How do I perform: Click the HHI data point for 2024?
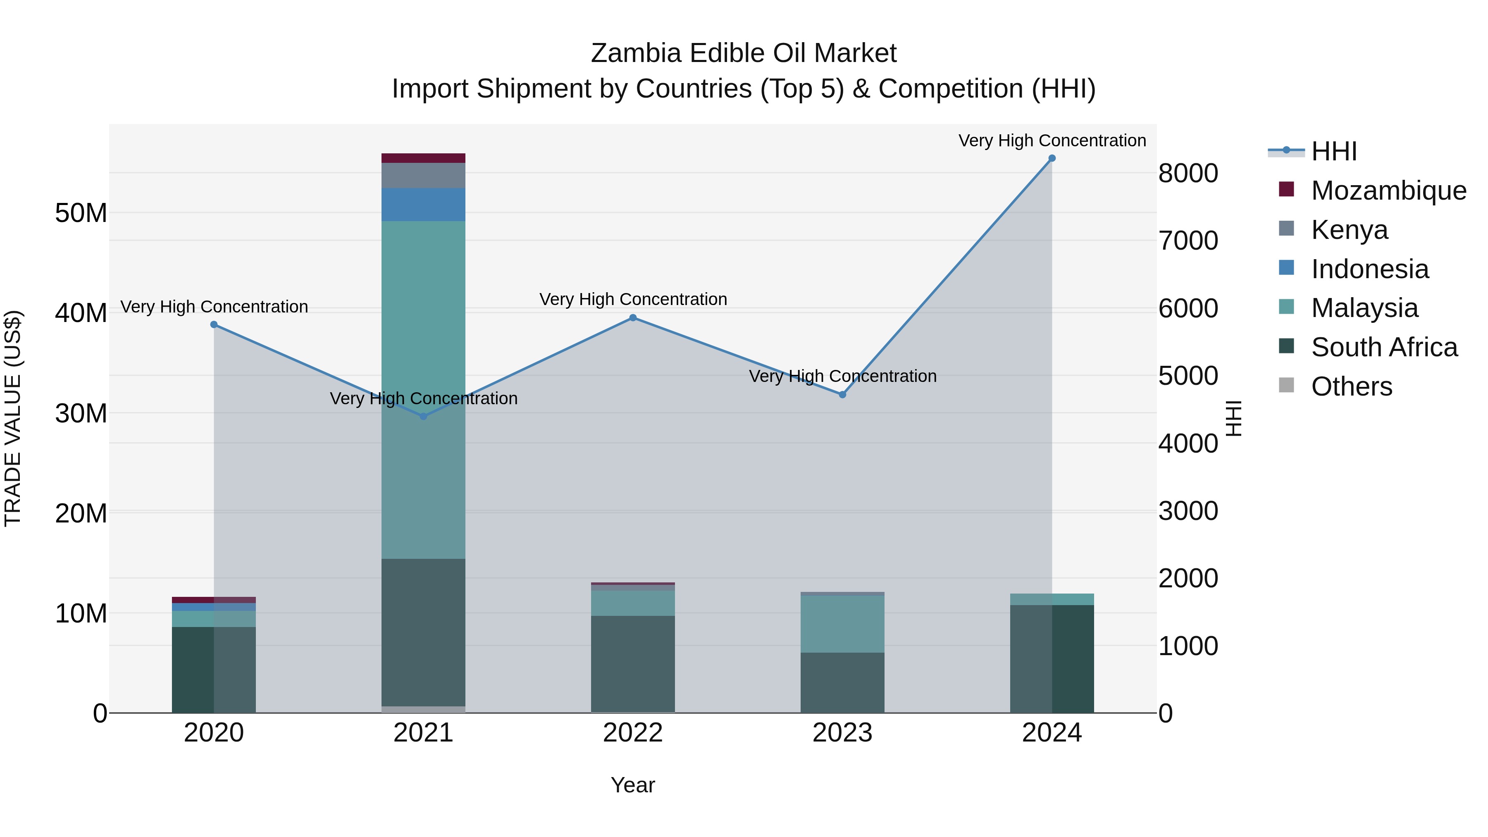click(x=1052, y=158)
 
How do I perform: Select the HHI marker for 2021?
click(x=423, y=417)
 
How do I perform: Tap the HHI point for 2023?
click(x=842, y=395)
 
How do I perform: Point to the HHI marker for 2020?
click(x=214, y=324)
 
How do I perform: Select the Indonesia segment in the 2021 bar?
click(x=423, y=205)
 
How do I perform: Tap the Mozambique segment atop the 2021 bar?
click(x=423, y=158)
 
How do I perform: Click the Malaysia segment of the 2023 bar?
click(x=842, y=624)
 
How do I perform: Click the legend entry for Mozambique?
click(x=1389, y=191)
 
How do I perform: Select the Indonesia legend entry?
click(x=1370, y=269)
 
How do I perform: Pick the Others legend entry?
click(x=1351, y=386)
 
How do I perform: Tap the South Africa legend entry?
click(x=1384, y=347)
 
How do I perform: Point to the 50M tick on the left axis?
click(x=81, y=213)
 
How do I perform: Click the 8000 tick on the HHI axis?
click(x=1188, y=173)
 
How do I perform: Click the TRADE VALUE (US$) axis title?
click(x=13, y=418)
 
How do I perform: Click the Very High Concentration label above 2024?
click(x=1052, y=141)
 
